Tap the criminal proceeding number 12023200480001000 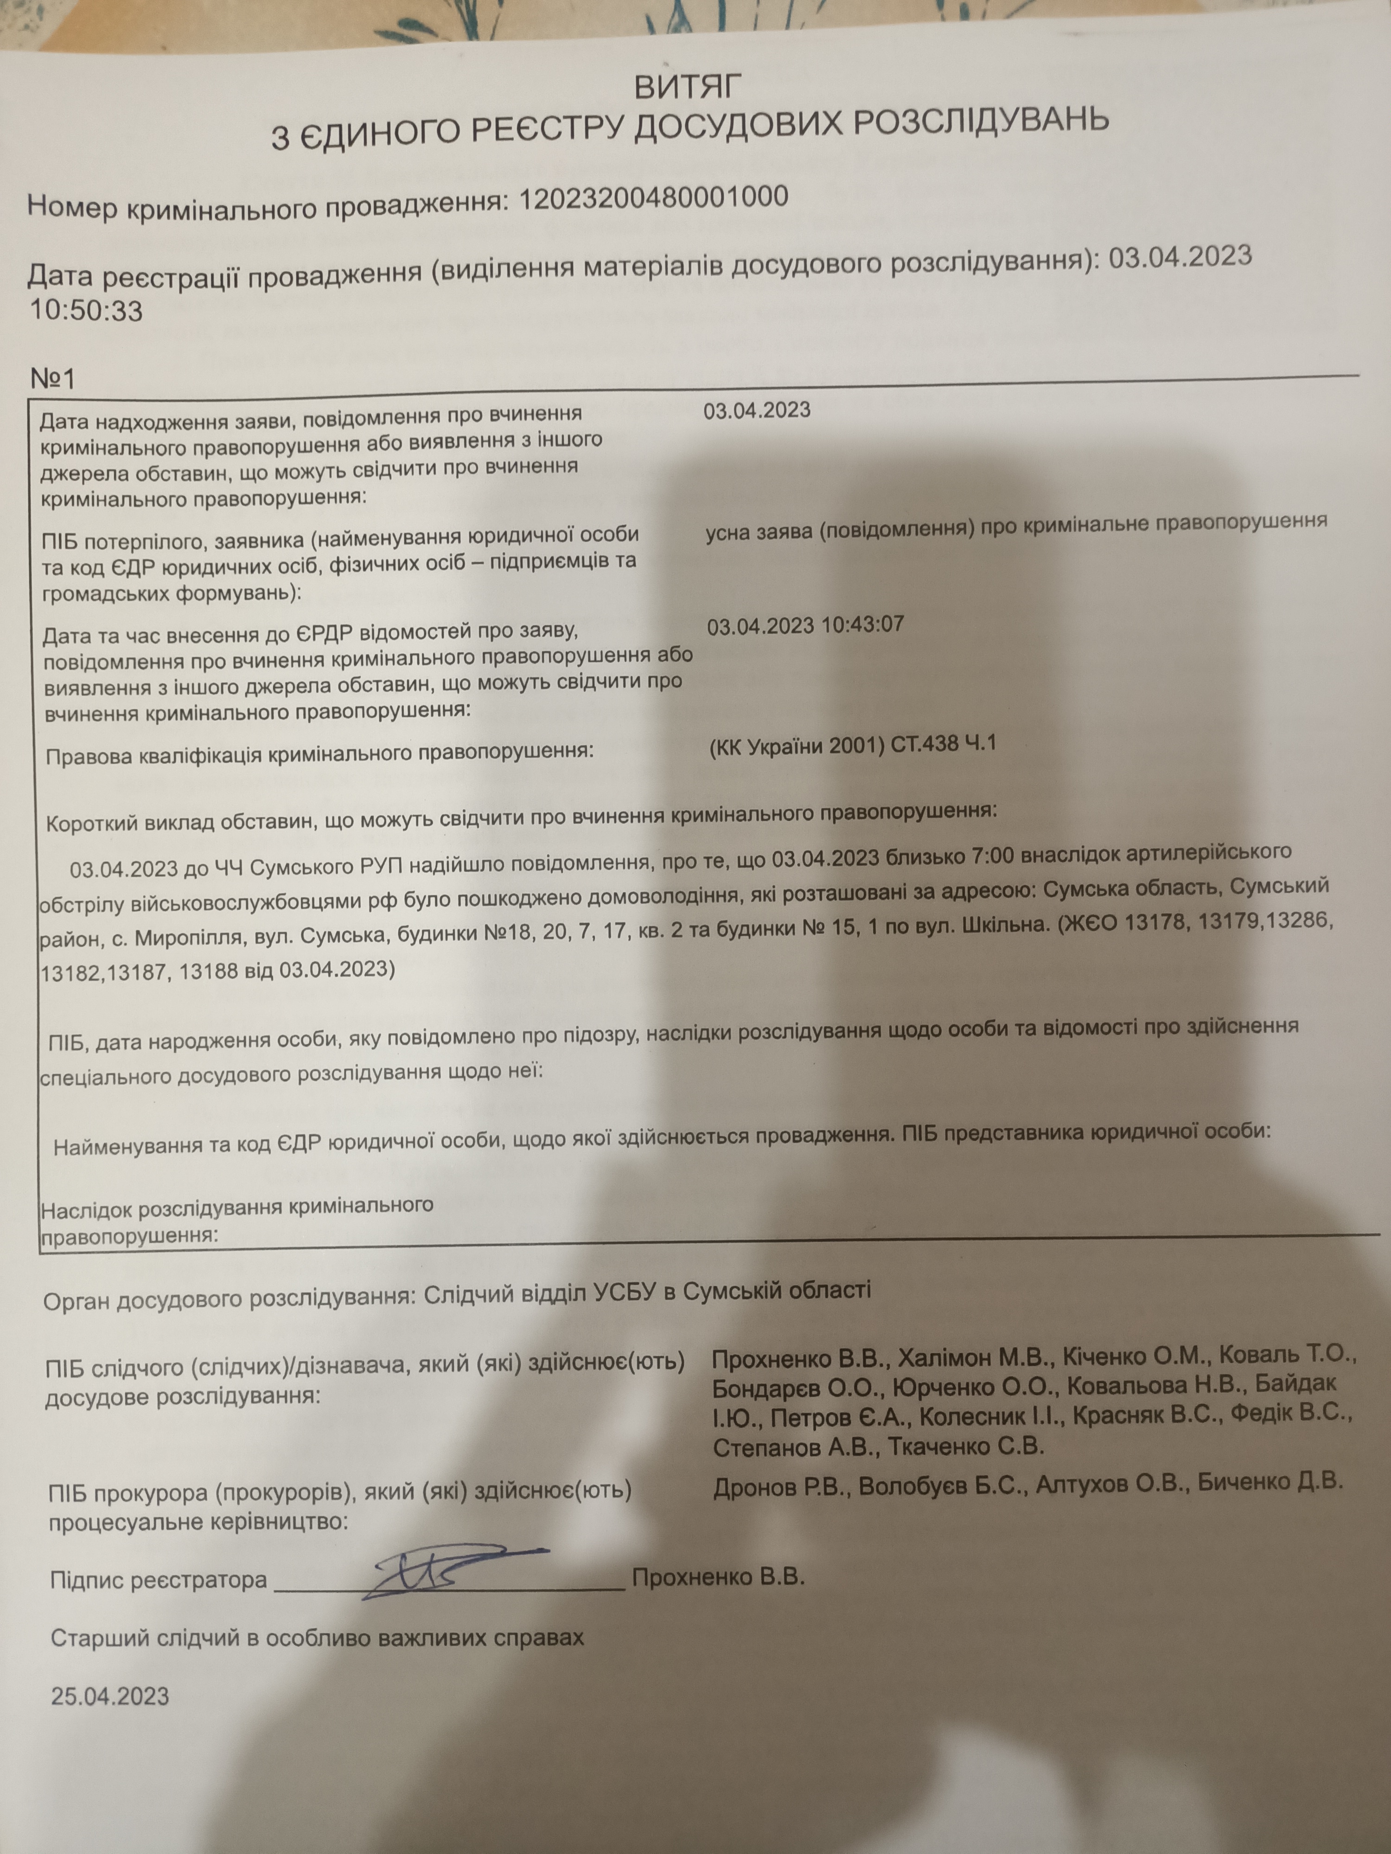[654, 198]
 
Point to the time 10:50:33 [86, 311]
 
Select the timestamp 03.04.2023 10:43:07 [805, 625]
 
